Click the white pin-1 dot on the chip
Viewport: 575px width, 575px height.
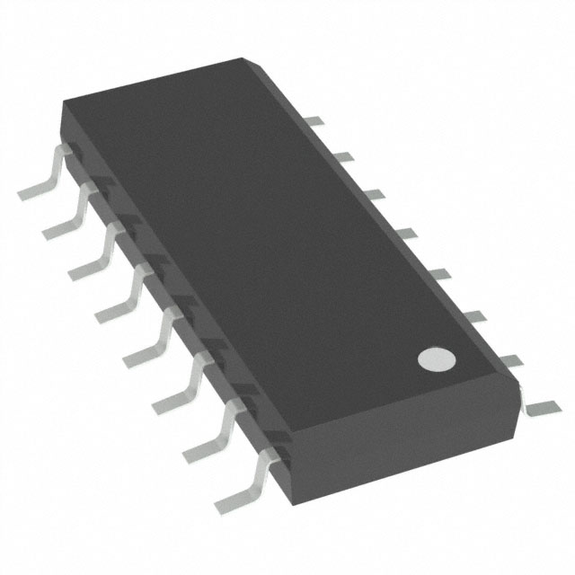coord(437,359)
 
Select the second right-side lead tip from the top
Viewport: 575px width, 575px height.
coord(342,156)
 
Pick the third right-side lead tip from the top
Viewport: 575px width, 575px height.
coord(372,193)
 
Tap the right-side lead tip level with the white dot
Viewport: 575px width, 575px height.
coord(508,360)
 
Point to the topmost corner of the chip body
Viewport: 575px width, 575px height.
coord(244,59)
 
